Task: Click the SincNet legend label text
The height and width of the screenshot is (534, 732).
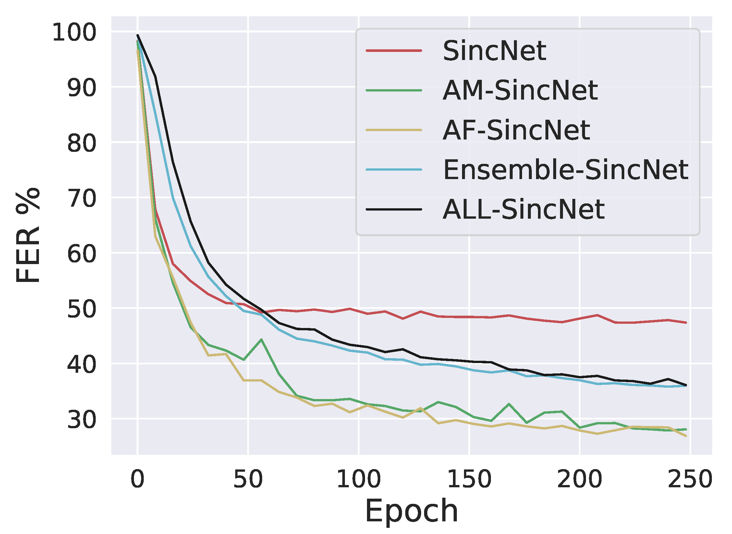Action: click(494, 51)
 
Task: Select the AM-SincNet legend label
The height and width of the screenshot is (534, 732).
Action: click(520, 91)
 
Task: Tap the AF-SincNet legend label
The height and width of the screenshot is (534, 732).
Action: click(516, 130)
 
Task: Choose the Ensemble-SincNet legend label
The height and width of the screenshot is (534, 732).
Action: click(566, 170)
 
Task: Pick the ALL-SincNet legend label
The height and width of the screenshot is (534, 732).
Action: click(523, 210)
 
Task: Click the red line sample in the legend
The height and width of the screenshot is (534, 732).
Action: click(394, 51)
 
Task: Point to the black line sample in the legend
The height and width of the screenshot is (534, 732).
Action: click(394, 210)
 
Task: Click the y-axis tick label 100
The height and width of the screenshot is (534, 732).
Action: click(74, 32)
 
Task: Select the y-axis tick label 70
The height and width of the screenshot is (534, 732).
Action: click(82, 199)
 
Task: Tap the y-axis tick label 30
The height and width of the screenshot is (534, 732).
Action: click(82, 420)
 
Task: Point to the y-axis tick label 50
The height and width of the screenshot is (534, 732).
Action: click(82, 309)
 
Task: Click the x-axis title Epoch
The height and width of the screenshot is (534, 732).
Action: click(411, 512)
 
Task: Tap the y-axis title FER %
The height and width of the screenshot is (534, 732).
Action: click(28, 235)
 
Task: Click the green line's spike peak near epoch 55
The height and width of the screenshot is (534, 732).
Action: click(261, 340)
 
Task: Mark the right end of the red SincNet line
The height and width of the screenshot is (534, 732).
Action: click(686, 322)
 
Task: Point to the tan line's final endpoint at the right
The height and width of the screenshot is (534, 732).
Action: click(686, 436)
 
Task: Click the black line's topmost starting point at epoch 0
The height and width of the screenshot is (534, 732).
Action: click(138, 35)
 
